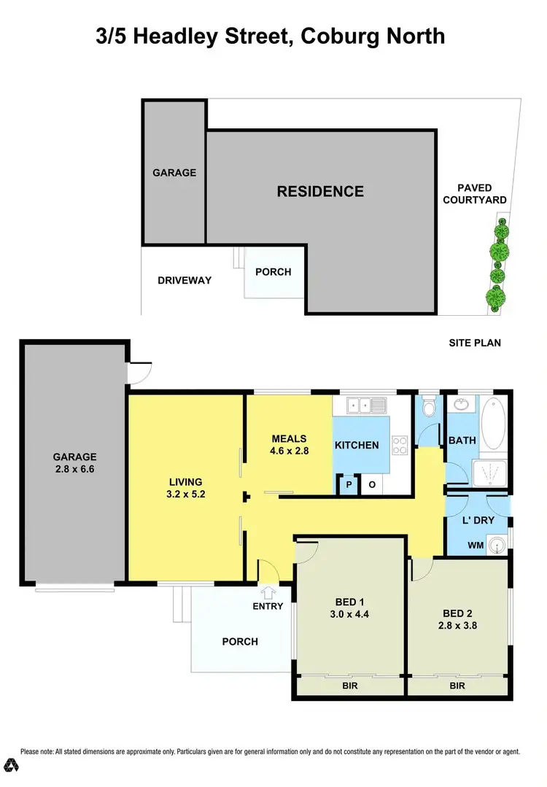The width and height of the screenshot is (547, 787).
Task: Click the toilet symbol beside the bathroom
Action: click(429, 408)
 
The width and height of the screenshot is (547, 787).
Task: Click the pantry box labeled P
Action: click(348, 485)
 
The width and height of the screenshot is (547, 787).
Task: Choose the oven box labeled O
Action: click(371, 485)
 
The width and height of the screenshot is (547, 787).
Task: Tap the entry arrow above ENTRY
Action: click(268, 592)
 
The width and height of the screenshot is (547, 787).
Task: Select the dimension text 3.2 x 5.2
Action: click(185, 494)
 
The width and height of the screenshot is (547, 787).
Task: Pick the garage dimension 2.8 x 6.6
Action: click(74, 469)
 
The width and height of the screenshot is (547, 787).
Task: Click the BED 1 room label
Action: click(349, 602)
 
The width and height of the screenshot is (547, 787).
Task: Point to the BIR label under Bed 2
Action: click(457, 686)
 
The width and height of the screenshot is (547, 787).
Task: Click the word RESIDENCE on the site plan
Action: click(320, 192)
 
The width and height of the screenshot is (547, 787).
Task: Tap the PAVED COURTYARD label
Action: click(475, 194)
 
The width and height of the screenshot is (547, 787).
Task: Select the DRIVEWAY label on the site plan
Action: click(185, 280)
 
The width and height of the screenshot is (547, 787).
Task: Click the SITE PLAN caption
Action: click(476, 343)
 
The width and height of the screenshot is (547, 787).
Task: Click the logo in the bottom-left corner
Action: click(12, 765)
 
